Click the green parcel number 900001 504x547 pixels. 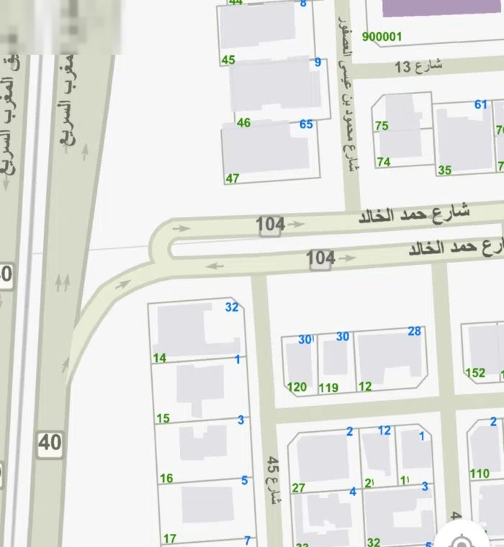tap(382, 37)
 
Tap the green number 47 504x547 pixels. tap(232, 178)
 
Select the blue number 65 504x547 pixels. tap(306, 125)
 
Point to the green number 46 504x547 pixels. tap(243, 123)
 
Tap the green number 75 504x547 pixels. tap(382, 126)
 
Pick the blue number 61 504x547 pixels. tap(481, 104)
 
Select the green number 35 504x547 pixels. tap(444, 171)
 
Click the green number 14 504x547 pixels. tap(160, 358)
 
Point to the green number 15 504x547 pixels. tap(163, 418)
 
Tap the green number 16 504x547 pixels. tap(166, 478)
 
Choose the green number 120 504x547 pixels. tap(297, 387)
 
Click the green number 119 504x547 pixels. tap(328, 388)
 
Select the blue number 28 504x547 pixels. tap(414, 331)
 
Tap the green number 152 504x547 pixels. tap(475, 373)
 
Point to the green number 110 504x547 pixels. tap(480, 474)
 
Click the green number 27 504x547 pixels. tap(298, 488)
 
